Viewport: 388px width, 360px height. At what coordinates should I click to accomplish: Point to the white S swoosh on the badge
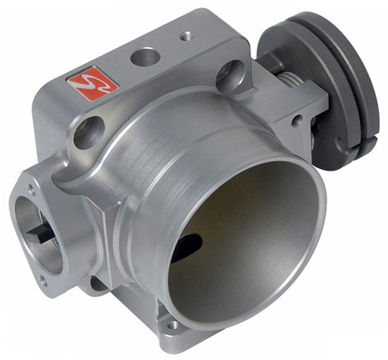pos(92,83)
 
